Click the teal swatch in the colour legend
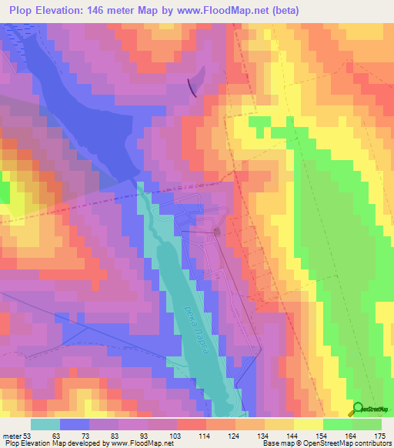click(x=45, y=424)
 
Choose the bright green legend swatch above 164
click(x=338, y=424)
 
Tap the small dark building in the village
click(x=217, y=231)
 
